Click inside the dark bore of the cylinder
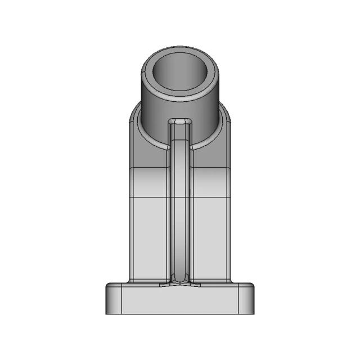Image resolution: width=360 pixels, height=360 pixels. (x=180, y=76)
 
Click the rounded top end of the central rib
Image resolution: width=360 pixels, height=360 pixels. (x=181, y=121)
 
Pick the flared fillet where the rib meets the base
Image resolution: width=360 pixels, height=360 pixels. (x=180, y=280)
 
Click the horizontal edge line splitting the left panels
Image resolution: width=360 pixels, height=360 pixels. (x=149, y=197)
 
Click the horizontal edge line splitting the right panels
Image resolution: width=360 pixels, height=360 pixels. (x=211, y=197)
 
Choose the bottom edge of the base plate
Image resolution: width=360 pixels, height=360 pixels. (x=180, y=314)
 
